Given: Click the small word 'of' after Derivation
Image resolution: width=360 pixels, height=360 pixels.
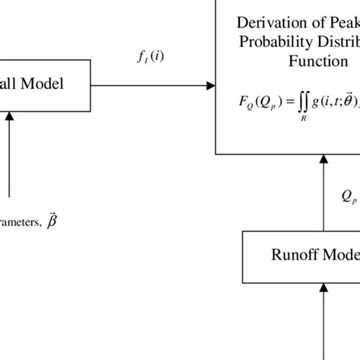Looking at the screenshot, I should (x=315, y=21).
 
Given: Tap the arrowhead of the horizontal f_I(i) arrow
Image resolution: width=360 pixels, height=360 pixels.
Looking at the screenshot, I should (x=210, y=86).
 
